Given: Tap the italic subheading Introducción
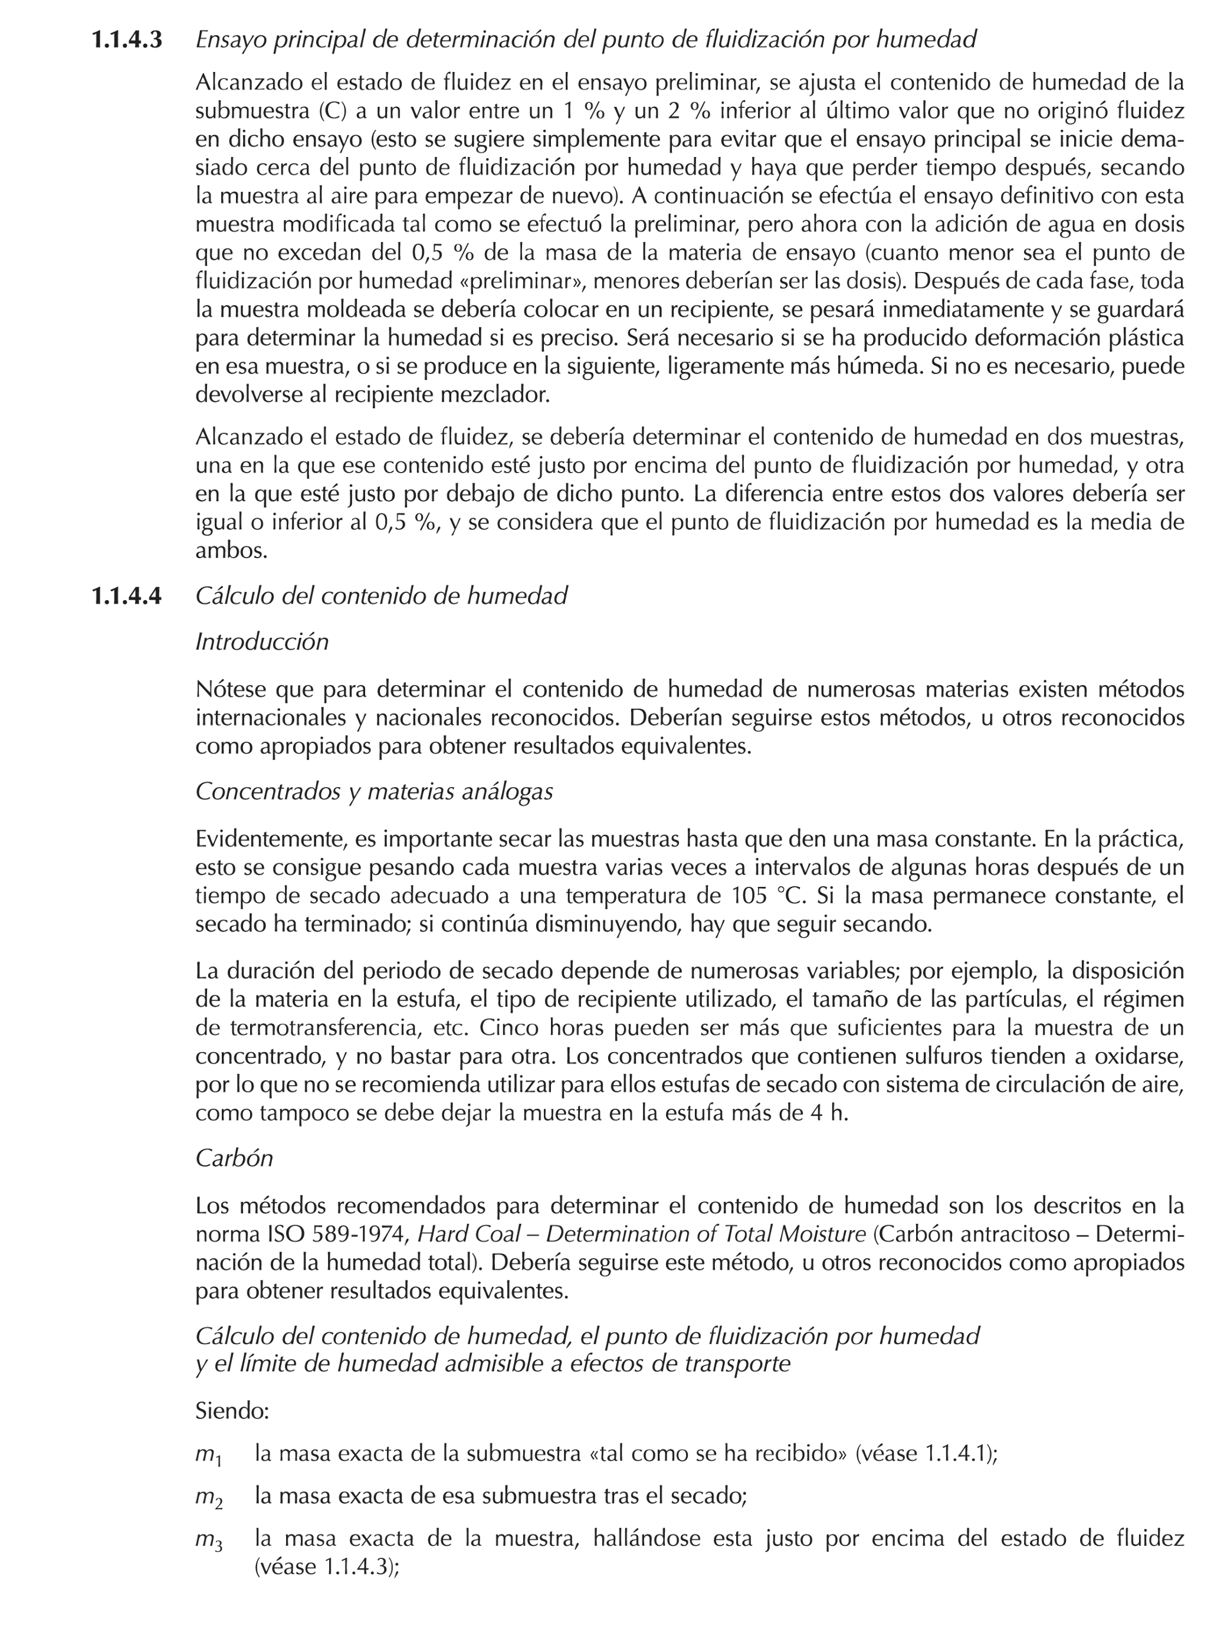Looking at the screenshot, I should (261, 642).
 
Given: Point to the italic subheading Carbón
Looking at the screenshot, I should (234, 1158).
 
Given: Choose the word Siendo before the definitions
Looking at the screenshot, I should (231, 1411).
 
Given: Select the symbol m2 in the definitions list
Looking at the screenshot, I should (208, 1498).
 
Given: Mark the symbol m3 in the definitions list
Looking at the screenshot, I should (208, 1541).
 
